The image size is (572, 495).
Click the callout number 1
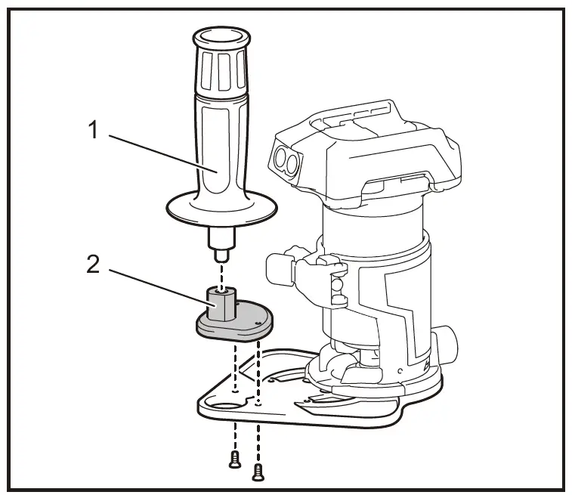click(94, 131)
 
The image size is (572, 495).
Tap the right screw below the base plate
click(258, 472)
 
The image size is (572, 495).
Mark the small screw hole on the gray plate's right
click(258, 323)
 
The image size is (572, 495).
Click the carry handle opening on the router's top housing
click(393, 181)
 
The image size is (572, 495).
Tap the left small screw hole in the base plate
click(236, 392)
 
